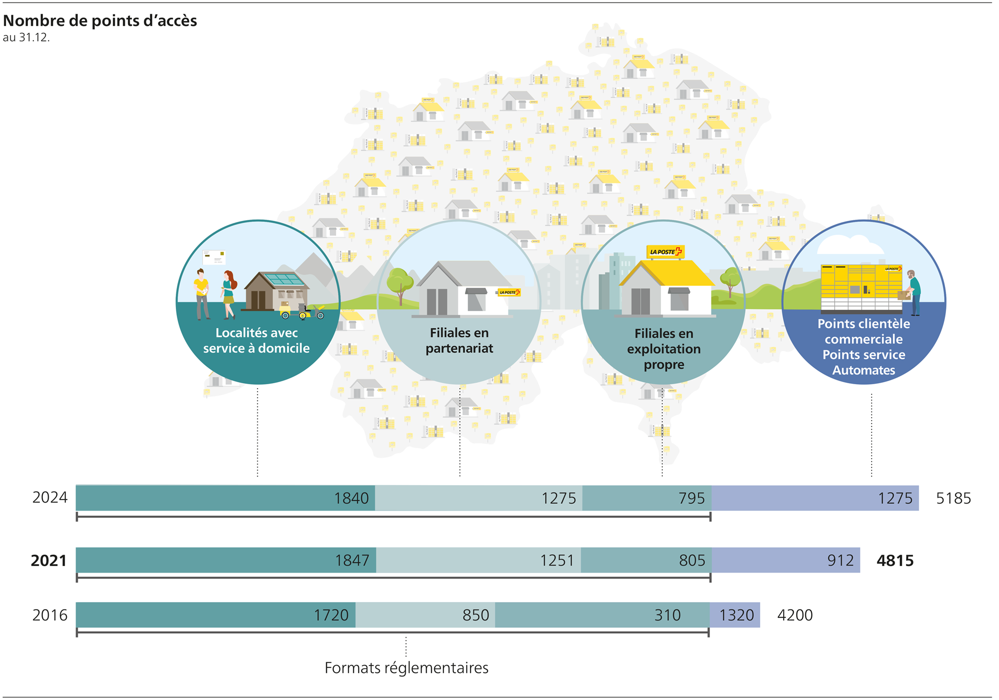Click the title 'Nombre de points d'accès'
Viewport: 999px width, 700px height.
click(100, 20)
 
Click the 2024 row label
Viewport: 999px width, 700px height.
click(49, 498)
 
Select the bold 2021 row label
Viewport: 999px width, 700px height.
click(48, 561)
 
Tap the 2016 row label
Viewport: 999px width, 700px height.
click(49, 615)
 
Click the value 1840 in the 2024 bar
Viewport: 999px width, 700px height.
click(351, 498)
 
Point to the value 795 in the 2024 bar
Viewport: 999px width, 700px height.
click(691, 498)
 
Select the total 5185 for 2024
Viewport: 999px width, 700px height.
click(953, 498)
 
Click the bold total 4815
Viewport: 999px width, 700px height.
click(895, 561)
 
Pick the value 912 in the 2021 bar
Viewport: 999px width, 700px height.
click(840, 561)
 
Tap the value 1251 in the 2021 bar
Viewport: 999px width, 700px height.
click(557, 561)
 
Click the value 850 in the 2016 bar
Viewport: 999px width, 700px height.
click(476, 615)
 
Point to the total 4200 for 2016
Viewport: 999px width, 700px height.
click(795, 615)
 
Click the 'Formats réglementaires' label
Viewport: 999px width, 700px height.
click(406, 668)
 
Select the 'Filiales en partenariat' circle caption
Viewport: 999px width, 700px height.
click(459, 341)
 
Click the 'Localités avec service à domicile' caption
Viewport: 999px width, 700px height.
click(256, 341)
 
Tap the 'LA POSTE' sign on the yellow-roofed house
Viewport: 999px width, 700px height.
click(665, 252)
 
